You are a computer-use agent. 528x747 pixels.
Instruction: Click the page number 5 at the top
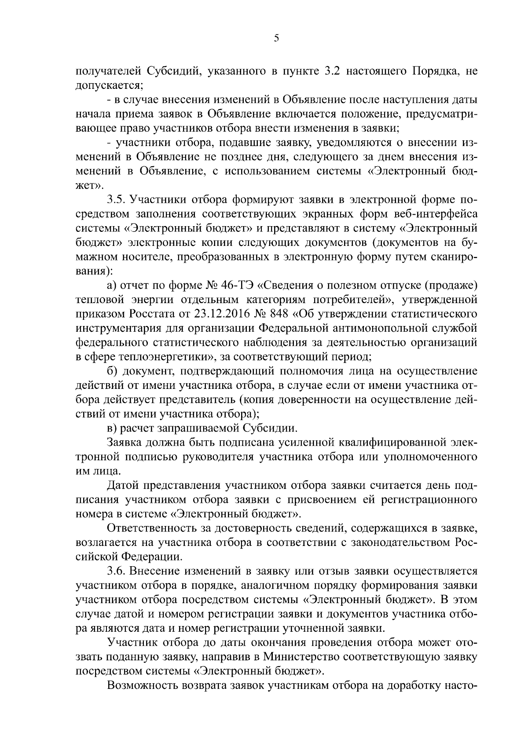tap(276, 38)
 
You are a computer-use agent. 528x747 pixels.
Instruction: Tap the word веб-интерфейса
tap(430, 214)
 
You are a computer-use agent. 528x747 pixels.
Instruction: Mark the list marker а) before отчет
tap(112, 286)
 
